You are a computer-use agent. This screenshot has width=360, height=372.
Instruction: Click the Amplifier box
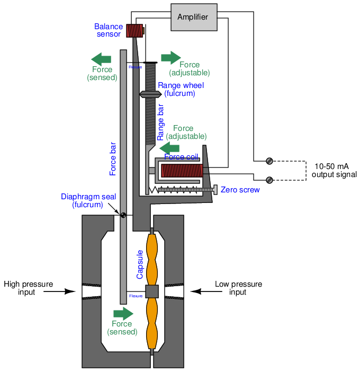193,17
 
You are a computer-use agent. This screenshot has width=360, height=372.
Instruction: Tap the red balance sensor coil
134,31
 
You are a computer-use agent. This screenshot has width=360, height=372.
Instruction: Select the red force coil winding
182,171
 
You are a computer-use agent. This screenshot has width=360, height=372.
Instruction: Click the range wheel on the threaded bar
150,94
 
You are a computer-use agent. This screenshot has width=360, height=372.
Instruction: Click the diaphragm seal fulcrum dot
123,215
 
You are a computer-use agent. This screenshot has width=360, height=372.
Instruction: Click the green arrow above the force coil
169,147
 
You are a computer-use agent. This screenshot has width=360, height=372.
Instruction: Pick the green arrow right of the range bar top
171,57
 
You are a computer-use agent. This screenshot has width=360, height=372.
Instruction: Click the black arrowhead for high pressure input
70,291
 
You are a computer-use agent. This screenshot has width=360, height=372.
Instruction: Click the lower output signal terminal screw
269,180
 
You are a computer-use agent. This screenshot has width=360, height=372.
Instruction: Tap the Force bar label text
113,158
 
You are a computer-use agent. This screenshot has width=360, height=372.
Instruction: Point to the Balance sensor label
109,30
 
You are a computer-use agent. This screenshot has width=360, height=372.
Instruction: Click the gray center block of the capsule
152,291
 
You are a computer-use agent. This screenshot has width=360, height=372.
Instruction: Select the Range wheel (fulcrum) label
180,90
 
